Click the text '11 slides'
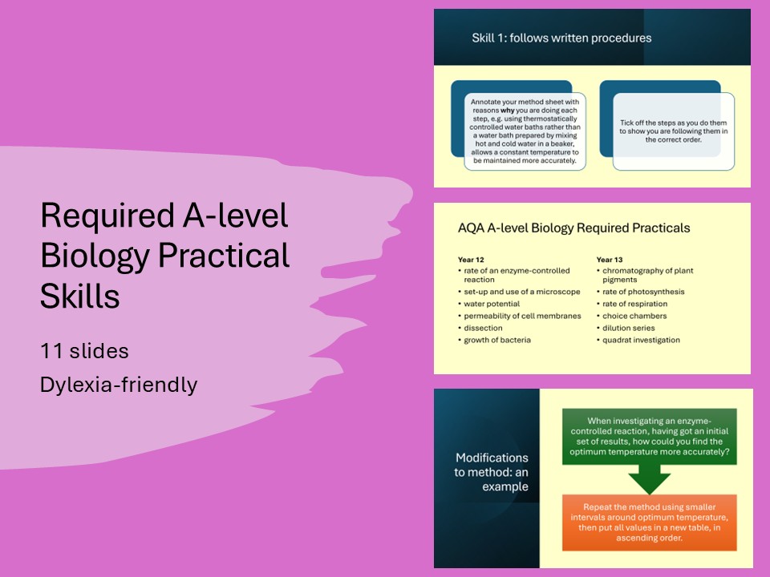click(x=84, y=350)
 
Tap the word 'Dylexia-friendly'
click(x=118, y=385)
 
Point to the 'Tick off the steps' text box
click(x=673, y=131)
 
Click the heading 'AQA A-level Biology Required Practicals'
click(x=573, y=228)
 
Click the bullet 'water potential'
click(x=492, y=304)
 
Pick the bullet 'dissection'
click(x=483, y=328)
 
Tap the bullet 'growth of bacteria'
click(x=497, y=340)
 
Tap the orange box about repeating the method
click(x=649, y=522)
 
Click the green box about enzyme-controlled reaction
click(x=649, y=435)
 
